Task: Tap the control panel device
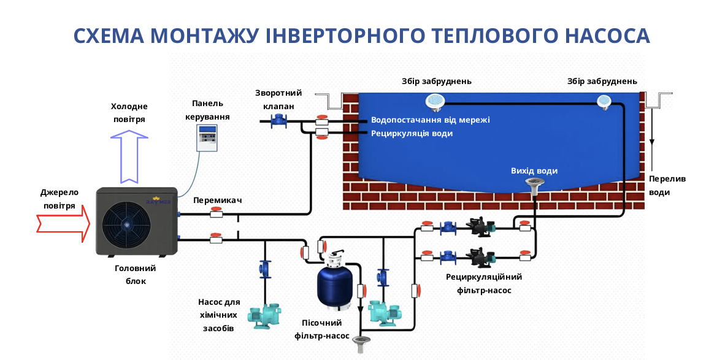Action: (x=207, y=137)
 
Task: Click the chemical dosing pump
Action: (x=264, y=315)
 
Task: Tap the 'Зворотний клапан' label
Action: (x=278, y=99)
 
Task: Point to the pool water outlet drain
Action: (x=535, y=185)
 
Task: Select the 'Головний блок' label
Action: (x=136, y=275)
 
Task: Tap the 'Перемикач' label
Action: (x=218, y=201)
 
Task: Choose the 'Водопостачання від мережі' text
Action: (x=431, y=120)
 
